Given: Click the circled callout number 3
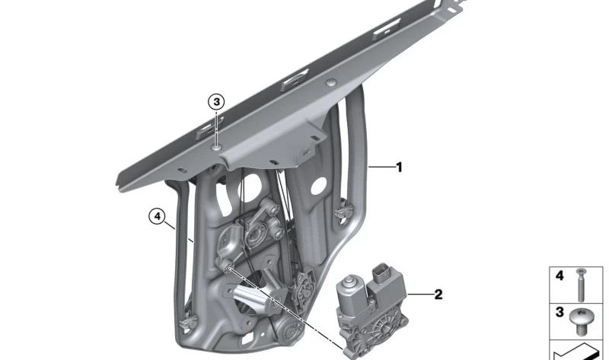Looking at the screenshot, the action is (x=216, y=102).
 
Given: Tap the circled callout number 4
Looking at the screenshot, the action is (x=157, y=216).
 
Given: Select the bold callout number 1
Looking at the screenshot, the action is (x=399, y=167).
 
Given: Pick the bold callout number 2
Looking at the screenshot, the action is (x=438, y=295).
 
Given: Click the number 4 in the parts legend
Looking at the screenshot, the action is (x=560, y=276).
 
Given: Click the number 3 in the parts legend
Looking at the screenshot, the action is (x=560, y=312).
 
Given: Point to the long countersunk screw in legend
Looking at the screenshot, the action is (x=581, y=285).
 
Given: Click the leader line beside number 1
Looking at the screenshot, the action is (x=381, y=167).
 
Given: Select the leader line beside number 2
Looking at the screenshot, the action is (x=419, y=295).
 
